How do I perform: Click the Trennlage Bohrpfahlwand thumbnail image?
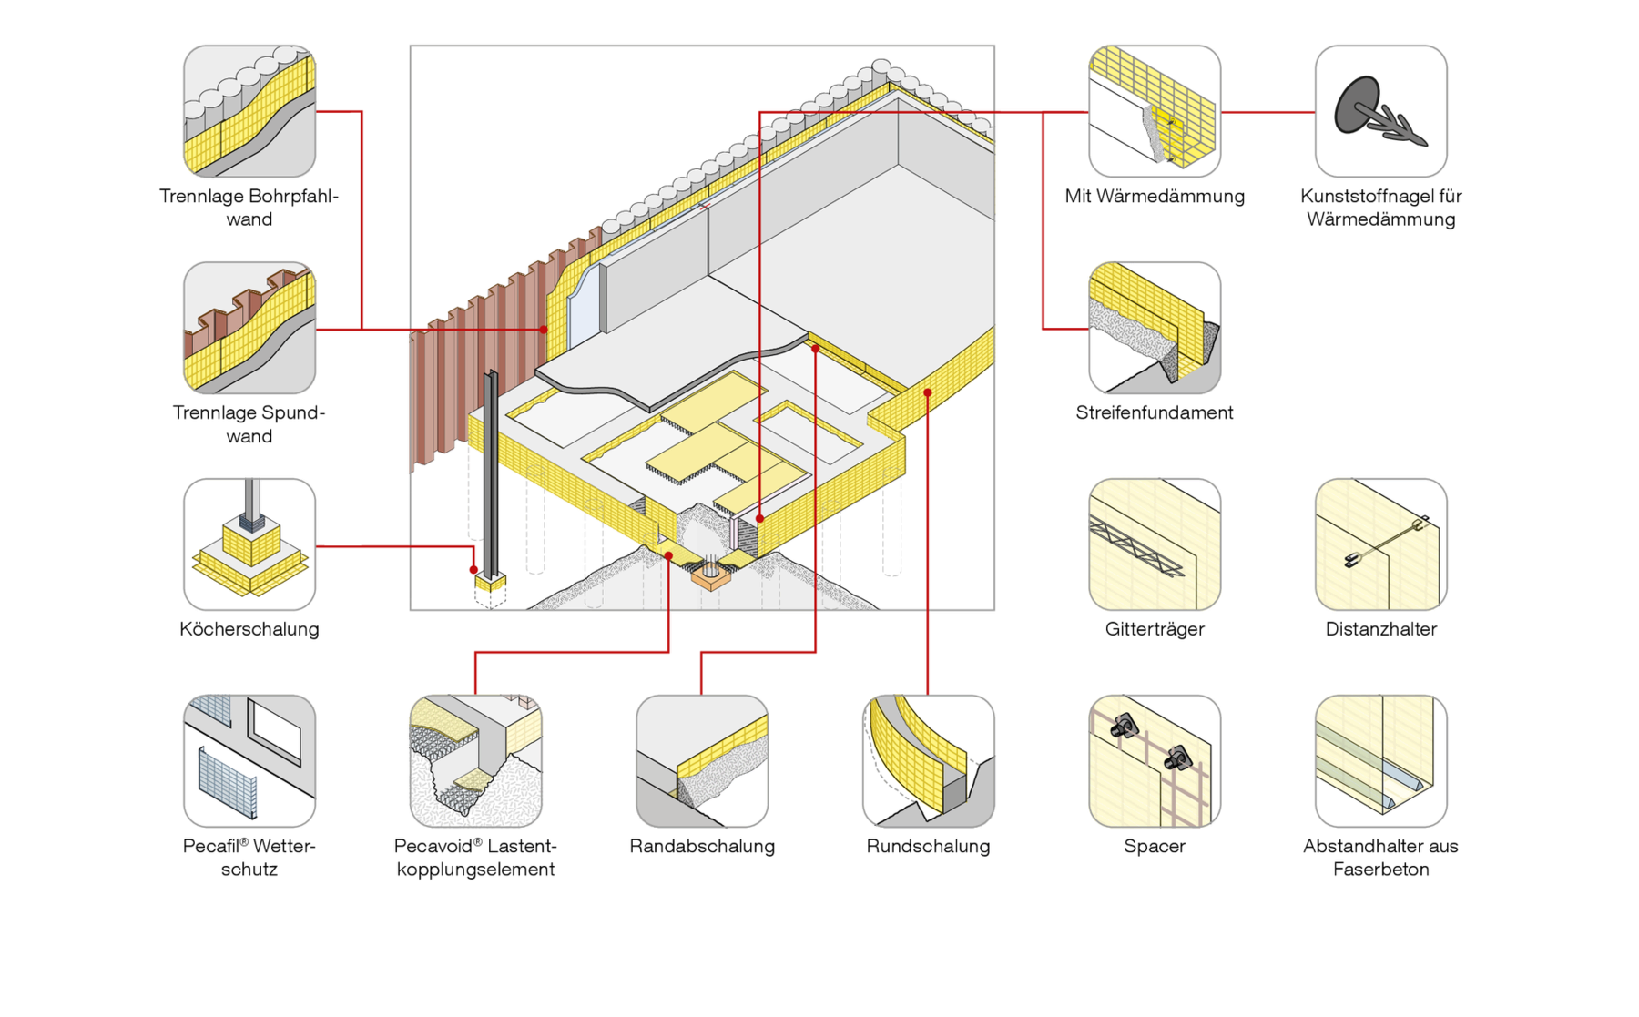point(249,111)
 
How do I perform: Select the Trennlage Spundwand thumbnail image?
point(249,328)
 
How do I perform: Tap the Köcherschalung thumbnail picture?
point(249,544)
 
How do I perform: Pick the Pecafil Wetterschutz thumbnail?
point(249,761)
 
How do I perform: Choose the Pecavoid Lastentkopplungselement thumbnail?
point(475,761)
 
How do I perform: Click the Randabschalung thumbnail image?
point(702,761)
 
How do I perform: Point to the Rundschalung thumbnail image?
point(928,761)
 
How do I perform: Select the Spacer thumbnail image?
point(1155,761)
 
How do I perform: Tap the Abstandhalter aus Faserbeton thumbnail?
point(1380,761)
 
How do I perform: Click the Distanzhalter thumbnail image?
point(1380,544)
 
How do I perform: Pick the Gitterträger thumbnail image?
point(1155,544)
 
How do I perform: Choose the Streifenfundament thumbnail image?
point(1155,328)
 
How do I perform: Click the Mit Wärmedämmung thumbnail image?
point(1155,111)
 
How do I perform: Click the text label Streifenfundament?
point(1155,412)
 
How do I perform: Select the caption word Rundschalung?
point(928,846)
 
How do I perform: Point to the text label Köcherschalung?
point(249,629)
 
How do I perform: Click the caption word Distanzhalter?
point(1380,629)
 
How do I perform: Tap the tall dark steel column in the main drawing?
point(491,473)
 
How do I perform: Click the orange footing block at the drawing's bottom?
point(711,576)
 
